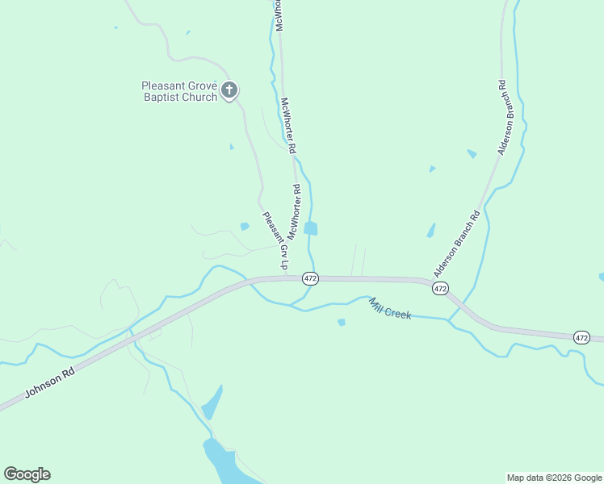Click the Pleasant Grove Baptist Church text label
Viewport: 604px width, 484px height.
(179, 91)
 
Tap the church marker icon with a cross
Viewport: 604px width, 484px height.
(229, 90)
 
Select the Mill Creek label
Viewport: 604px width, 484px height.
(391, 308)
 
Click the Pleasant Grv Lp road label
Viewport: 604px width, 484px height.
(275, 241)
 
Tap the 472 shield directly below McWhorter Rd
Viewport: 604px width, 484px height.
(311, 278)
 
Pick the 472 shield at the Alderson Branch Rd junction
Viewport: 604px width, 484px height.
(439, 288)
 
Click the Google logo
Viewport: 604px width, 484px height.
(27, 474)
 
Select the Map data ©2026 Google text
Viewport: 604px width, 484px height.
(554, 478)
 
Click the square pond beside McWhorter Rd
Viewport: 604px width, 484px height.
(311, 228)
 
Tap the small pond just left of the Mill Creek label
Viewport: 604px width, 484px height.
(342, 323)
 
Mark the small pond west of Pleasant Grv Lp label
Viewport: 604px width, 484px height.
(245, 227)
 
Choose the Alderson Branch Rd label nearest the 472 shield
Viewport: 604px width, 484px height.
(456, 244)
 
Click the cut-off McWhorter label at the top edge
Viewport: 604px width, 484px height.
(279, 15)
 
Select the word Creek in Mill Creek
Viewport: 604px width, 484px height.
(399, 311)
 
